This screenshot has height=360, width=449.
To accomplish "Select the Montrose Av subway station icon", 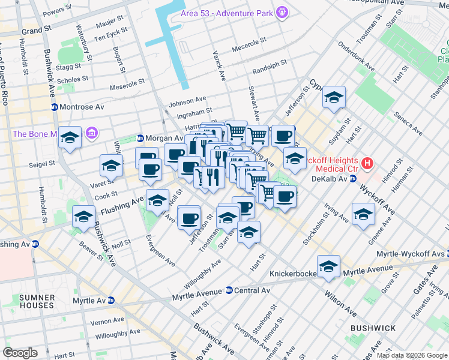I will (x=54, y=107).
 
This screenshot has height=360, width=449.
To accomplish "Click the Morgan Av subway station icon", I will (x=141, y=138).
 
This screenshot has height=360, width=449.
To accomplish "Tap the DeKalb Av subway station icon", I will (x=354, y=178).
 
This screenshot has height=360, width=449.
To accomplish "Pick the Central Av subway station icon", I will (x=229, y=290).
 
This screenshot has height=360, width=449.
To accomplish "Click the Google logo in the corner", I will (x=20, y=353).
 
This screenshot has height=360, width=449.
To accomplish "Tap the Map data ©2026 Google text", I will (x=411, y=355).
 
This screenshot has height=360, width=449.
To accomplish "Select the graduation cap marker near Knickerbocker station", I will (x=328, y=267).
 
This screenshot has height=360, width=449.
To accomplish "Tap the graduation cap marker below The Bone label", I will (x=70, y=139).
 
